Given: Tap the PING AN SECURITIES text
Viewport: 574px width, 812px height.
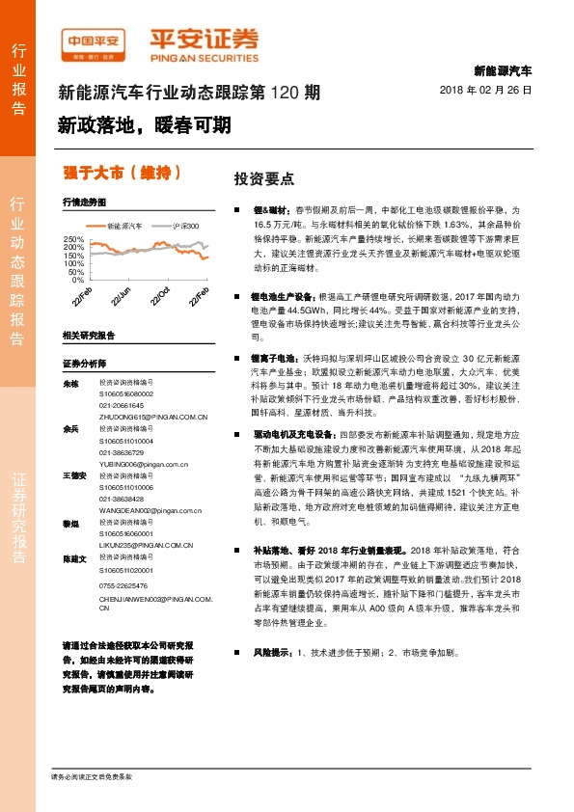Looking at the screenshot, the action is click(x=205, y=55).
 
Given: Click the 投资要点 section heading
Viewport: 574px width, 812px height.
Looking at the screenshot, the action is click(x=264, y=179).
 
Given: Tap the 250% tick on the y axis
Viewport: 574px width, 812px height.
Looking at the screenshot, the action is click(x=73, y=238).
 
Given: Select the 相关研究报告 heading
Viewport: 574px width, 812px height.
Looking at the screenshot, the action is click(x=89, y=335).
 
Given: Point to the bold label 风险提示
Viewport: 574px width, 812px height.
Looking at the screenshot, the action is click(x=271, y=653).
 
